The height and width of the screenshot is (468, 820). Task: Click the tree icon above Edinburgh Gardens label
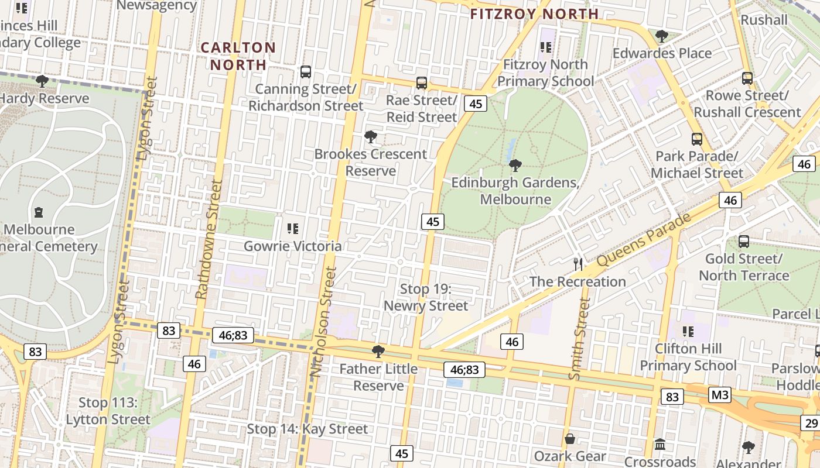click(515, 165)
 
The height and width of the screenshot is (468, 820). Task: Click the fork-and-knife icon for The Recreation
click(578, 264)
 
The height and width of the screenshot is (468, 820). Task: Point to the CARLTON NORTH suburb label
click(238, 56)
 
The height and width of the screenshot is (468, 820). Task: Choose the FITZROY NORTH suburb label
click(534, 14)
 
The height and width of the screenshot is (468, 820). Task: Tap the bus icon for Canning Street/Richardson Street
click(305, 72)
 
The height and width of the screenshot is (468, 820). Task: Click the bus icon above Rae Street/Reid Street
click(421, 83)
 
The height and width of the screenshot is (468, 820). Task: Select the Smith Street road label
click(579, 339)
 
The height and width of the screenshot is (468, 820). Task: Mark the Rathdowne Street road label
click(209, 240)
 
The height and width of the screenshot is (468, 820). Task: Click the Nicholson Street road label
click(324, 322)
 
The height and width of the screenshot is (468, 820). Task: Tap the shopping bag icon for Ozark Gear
click(569, 439)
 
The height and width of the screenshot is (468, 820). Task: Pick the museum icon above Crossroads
click(660, 445)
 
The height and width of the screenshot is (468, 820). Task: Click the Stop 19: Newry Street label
click(426, 297)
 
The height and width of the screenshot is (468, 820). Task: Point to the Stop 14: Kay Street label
click(307, 429)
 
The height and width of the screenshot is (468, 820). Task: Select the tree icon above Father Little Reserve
click(378, 352)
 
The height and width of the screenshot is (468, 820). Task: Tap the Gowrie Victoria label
click(292, 246)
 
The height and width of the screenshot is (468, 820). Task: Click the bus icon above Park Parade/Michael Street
click(696, 139)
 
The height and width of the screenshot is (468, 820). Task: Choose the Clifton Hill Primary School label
click(688, 357)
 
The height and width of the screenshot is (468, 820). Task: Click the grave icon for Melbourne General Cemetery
click(39, 212)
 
